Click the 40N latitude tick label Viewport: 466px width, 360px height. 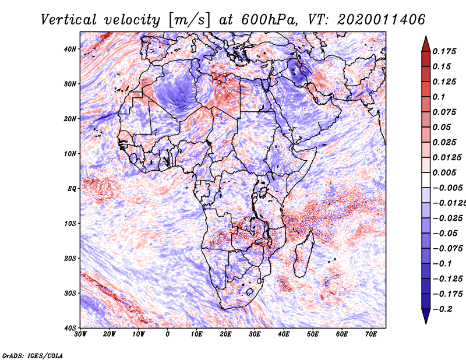pos(70,49)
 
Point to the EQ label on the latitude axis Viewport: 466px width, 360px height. pos(72,189)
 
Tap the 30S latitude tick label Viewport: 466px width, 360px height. pos(70,293)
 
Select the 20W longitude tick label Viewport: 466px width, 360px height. pos(110,334)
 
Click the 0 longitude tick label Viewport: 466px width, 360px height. pos(168,334)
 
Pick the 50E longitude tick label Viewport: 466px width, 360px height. pos(313,334)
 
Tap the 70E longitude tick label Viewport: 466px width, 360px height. pos(371,334)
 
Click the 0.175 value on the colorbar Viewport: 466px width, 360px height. pos(444,51)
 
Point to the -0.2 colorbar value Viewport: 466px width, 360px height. pos(443,309)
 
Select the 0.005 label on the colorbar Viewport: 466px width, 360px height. pos(444,172)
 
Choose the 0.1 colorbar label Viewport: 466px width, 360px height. pos(439,97)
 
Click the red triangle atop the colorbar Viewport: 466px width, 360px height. pos(426,44)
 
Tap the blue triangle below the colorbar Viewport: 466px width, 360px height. pos(426,316)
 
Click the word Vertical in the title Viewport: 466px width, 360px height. pos(69,20)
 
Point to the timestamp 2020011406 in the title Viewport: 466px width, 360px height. pos(381,20)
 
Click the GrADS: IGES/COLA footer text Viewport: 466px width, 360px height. pos(33,355)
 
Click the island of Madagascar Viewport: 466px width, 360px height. pos(303,255)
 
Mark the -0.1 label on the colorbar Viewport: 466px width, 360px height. pos(442,263)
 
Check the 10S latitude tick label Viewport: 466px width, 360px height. pos(70,223)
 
